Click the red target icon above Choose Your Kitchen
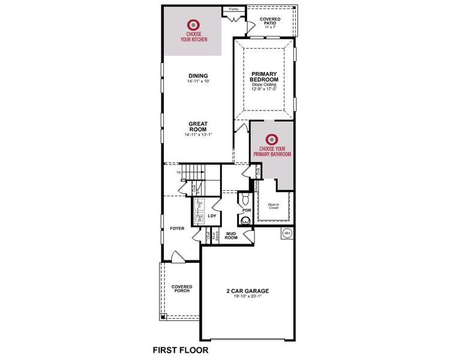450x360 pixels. (193, 25)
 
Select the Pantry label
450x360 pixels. (234, 10)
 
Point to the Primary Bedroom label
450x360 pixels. (264, 77)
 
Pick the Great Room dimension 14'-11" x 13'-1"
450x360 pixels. (198, 134)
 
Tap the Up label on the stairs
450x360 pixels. (179, 173)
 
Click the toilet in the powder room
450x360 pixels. (244, 199)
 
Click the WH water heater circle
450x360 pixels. (287, 233)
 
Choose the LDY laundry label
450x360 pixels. (211, 215)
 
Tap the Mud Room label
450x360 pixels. (231, 235)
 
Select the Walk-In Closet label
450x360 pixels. (274, 206)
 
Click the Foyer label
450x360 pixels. (177, 229)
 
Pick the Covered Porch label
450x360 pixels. (181, 289)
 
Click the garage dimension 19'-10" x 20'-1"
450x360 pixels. (247, 296)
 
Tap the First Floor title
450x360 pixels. (180, 349)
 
